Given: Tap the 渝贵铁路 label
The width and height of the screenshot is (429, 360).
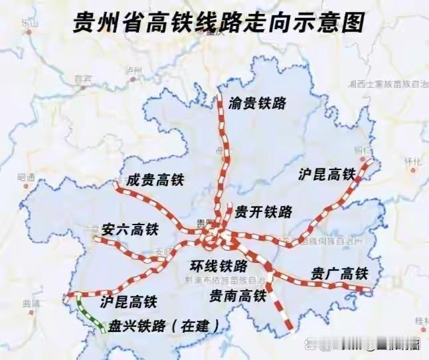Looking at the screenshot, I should tap(257, 103).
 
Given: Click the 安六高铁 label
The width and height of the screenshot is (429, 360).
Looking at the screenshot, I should tap(130, 230).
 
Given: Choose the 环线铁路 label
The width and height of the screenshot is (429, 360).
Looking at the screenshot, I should tap(219, 266).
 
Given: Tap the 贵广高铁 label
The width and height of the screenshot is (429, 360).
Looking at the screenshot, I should tap(339, 274).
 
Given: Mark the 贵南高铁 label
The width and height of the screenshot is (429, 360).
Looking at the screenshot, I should tap(237, 294).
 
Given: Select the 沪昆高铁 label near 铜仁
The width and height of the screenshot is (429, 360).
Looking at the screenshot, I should tap(327, 175).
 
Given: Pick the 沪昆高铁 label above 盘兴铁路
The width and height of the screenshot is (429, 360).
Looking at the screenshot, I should tap(128, 302).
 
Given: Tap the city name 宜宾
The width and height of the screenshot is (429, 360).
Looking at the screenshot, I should tap(82, 78).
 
